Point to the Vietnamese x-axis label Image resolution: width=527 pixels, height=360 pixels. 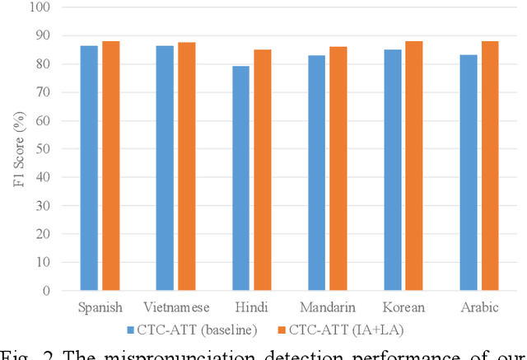point(175,307)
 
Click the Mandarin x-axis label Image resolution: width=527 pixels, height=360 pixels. point(327,307)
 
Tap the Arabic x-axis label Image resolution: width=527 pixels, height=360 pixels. point(478,307)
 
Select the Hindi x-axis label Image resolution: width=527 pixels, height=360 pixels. point(251,307)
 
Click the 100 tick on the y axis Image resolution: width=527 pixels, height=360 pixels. point(40,7)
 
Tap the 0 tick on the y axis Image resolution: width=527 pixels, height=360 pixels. point(46,291)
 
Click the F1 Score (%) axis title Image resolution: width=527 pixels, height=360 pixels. point(14,149)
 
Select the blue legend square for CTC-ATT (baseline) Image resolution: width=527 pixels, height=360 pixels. point(131,331)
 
